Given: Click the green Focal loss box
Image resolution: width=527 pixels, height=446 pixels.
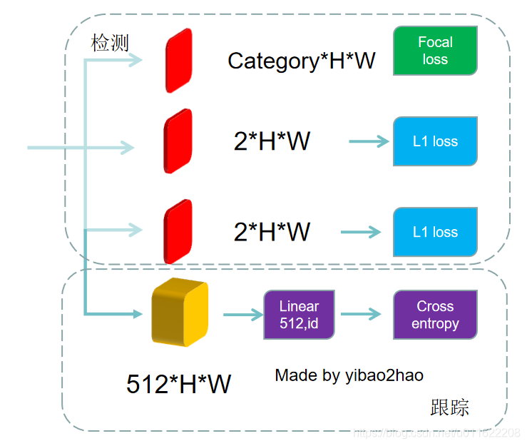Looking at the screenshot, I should (435, 51).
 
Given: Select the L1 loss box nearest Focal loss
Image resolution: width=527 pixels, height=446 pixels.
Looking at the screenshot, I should (435, 141).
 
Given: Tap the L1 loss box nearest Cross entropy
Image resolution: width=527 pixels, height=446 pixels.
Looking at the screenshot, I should (435, 232).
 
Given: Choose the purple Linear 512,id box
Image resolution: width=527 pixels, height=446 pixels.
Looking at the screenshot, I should (299, 315).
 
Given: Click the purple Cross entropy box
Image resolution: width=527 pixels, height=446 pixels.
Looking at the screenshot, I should (435, 315).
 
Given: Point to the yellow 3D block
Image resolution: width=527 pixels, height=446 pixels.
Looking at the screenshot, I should (180, 313).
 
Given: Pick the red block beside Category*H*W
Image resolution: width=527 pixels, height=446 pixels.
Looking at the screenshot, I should (178, 61).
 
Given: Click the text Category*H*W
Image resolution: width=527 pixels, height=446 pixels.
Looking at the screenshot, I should (301, 61).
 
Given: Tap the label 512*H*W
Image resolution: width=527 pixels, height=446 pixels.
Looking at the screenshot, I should (178, 385).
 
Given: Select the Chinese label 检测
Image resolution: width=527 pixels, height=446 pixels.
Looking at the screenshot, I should (110, 43).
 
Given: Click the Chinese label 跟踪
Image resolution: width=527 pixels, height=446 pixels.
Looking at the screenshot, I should (450, 407).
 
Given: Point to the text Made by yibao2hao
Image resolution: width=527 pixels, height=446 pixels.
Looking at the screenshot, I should (349, 375).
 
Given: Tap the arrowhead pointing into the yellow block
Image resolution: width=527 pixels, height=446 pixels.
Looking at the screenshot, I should (136, 313).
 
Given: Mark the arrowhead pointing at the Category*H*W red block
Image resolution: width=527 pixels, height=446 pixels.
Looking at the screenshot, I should (136, 61).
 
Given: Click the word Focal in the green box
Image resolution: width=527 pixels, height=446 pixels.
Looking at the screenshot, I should (435, 42).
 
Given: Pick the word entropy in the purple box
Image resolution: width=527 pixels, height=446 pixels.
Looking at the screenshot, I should (435, 323).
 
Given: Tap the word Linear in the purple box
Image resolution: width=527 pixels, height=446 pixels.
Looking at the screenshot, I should (299, 306).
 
